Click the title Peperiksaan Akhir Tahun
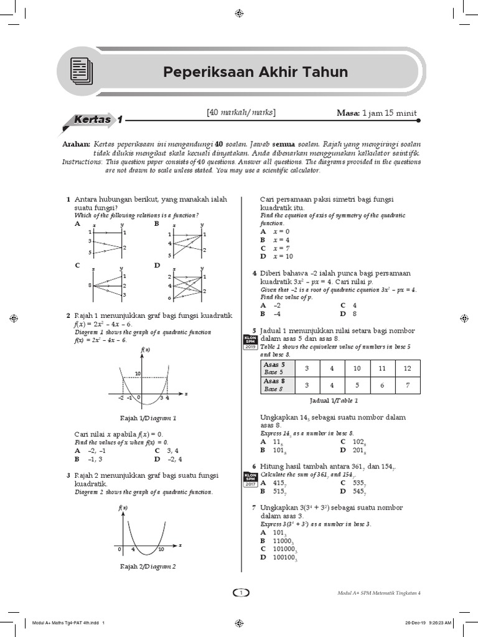click(255, 72)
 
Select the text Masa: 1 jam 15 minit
click(377, 113)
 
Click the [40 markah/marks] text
click(241, 113)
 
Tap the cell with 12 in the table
click(408, 368)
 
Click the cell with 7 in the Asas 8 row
click(408, 385)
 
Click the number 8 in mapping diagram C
click(90, 285)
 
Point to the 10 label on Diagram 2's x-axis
click(161, 549)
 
